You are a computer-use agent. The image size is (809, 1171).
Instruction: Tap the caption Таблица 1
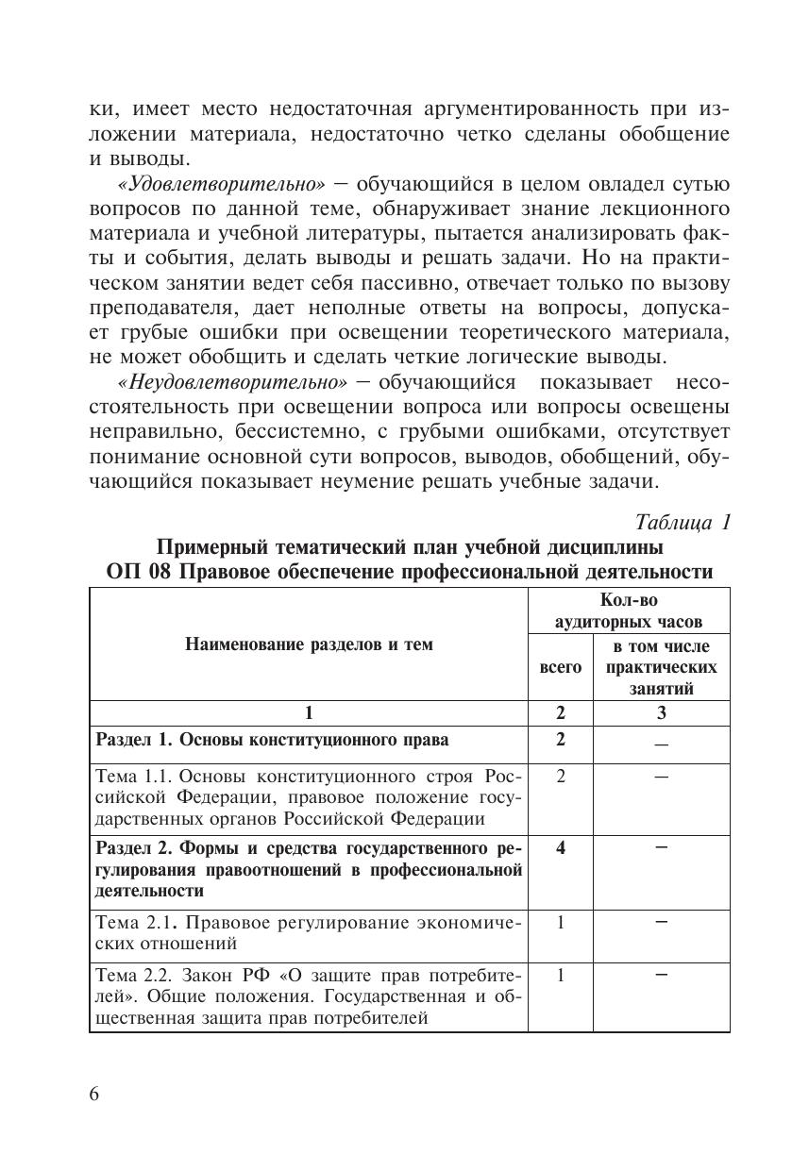click(683, 522)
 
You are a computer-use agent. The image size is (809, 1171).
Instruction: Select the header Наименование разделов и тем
click(309, 644)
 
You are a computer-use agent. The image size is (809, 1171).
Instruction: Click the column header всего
click(560, 667)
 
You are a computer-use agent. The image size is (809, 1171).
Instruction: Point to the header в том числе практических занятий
click(661, 667)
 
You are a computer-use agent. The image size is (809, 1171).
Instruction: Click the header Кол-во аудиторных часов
click(628, 611)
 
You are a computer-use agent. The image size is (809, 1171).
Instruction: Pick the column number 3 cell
click(661, 713)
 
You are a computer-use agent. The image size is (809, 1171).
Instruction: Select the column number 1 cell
click(309, 713)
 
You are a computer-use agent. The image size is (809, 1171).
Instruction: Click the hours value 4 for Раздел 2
click(561, 847)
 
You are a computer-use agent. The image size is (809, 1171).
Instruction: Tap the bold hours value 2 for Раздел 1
click(561, 740)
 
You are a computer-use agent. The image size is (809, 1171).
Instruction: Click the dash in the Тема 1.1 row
click(661, 777)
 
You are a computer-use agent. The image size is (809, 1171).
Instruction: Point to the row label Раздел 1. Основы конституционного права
click(273, 740)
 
